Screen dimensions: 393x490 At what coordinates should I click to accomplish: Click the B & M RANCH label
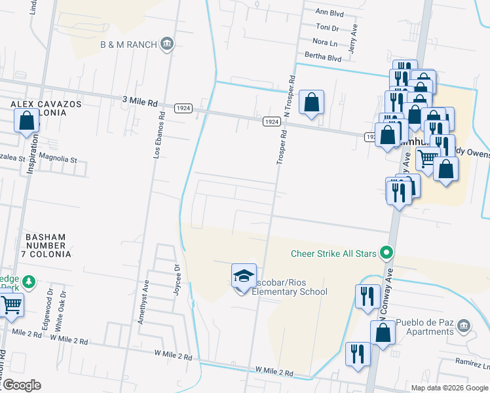click(x=128, y=44)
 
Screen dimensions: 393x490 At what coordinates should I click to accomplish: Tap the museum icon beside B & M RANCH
click(x=167, y=44)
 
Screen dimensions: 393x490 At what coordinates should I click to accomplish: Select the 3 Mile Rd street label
click(x=140, y=103)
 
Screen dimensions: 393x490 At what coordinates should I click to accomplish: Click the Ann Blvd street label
click(x=330, y=12)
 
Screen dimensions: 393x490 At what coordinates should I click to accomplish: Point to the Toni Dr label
click(x=327, y=28)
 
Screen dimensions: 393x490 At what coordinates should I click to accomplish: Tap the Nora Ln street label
click(x=326, y=42)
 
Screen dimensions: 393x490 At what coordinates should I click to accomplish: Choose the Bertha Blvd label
click(x=327, y=58)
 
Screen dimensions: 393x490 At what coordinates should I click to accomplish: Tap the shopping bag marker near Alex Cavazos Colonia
click(x=27, y=121)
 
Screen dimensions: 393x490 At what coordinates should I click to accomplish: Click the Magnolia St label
click(x=58, y=159)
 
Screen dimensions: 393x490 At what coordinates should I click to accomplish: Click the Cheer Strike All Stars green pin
click(x=386, y=252)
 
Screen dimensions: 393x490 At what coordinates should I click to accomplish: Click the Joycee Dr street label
click(x=177, y=280)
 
